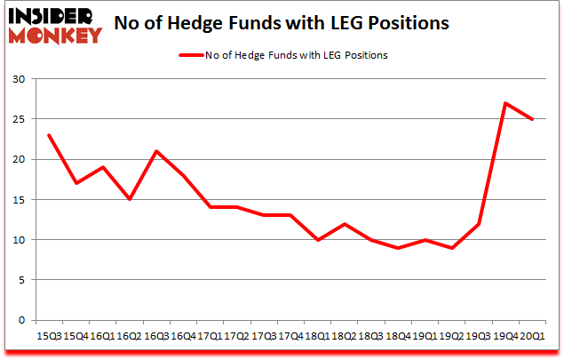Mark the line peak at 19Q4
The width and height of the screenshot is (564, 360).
point(505,103)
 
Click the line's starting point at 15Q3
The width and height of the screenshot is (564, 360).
point(50,135)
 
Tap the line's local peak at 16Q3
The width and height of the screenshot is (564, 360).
point(157,151)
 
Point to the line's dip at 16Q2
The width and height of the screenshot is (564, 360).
point(131,199)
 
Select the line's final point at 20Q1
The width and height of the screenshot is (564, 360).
point(532,119)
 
